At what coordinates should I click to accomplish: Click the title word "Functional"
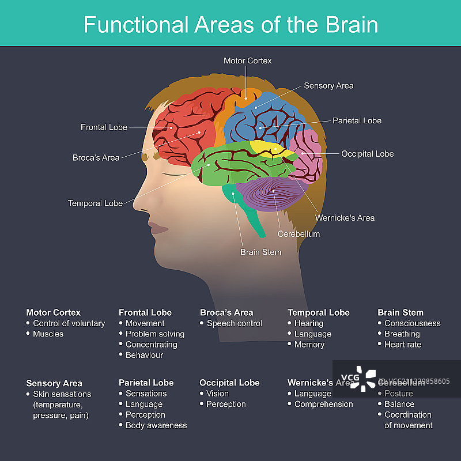pyautogui.click(x=136, y=25)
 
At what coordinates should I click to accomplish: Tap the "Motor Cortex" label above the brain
pyautogui.click(x=247, y=61)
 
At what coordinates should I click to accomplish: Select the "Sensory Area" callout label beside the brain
pyautogui.click(x=328, y=86)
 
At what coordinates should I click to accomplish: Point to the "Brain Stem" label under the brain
pyautogui.click(x=261, y=252)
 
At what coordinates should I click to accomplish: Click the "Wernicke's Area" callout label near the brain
pyautogui.click(x=345, y=218)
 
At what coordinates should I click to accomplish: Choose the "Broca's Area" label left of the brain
pyautogui.click(x=96, y=157)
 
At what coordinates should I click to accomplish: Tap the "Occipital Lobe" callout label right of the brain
pyautogui.click(x=367, y=154)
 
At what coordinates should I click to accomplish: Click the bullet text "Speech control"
pyautogui.click(x=235, y=323)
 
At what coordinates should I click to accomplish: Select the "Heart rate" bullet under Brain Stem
pyautogui.click(x=403, y=345)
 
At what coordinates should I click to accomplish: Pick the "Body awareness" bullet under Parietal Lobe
pyautogui.click(x=156, y=425)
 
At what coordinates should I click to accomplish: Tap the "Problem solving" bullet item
pyautogui.click(x=155, y=334)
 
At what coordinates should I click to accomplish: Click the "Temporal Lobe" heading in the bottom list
pyautogui.click(x=319, y=312)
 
